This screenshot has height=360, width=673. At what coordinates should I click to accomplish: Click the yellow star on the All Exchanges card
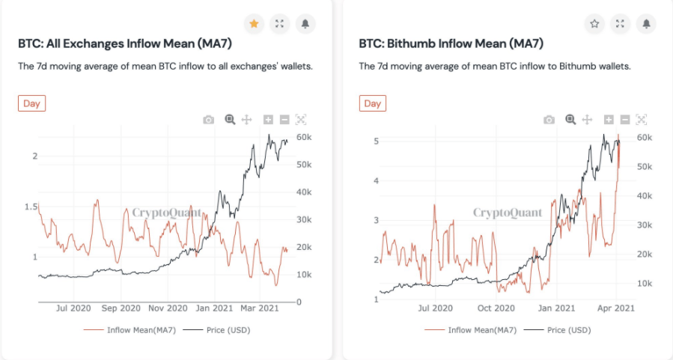[254, 24]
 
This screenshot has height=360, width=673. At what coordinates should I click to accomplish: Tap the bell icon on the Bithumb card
[646, 24]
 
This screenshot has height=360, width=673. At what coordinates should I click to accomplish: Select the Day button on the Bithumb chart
[373, 103]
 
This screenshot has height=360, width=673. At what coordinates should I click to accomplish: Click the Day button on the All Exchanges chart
[31, 103]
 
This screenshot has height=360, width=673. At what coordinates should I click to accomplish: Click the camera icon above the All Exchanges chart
[209, 120]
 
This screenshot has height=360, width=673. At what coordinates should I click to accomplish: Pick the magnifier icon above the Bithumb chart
[570, 120]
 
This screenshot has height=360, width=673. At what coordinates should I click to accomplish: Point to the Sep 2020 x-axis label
[121, 308]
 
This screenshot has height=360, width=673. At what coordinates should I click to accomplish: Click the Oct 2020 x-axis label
[496, 308]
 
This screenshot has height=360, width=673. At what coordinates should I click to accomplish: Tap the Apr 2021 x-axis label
[616, 308]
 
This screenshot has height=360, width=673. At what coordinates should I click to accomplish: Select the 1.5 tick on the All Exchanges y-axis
[31, 207]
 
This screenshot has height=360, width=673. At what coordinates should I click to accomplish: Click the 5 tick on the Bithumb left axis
[377, 141]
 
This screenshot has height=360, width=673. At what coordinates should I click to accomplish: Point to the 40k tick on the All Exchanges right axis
[304, 192]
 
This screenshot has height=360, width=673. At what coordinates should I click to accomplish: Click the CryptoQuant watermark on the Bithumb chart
[508, 213]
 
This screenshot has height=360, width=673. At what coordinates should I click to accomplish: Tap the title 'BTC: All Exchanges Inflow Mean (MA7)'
[125, 43]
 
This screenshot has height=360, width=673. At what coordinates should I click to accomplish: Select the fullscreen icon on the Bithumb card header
[620, 24]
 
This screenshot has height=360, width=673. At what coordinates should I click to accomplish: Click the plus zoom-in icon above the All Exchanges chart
[268, 120]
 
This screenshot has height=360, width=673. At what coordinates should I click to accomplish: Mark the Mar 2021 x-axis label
[260, 308]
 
